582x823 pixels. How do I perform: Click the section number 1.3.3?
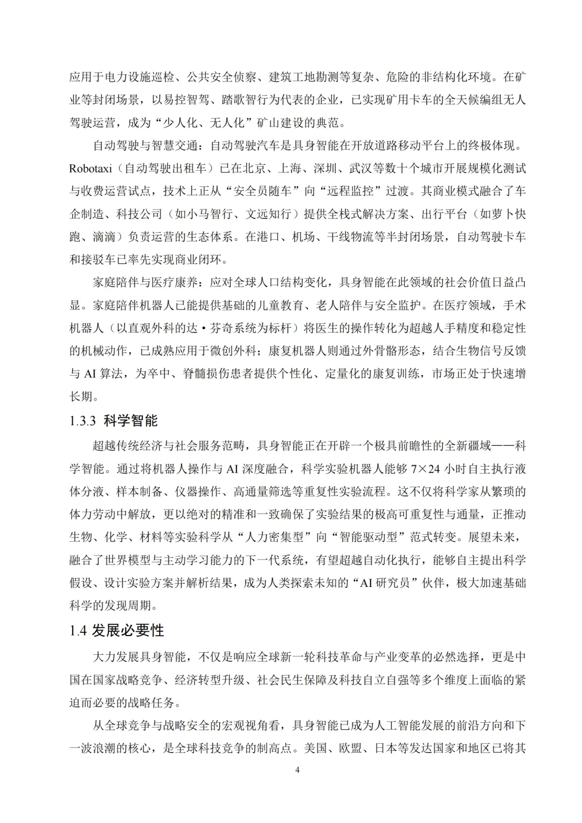click(x=82, y=421)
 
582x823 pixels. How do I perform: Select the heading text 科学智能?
click(x=130, y=421)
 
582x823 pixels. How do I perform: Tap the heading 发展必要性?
click(x=128, y=631)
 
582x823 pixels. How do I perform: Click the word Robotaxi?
click(x=91, y=169)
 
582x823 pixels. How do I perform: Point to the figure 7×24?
click(x=425, y=469)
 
